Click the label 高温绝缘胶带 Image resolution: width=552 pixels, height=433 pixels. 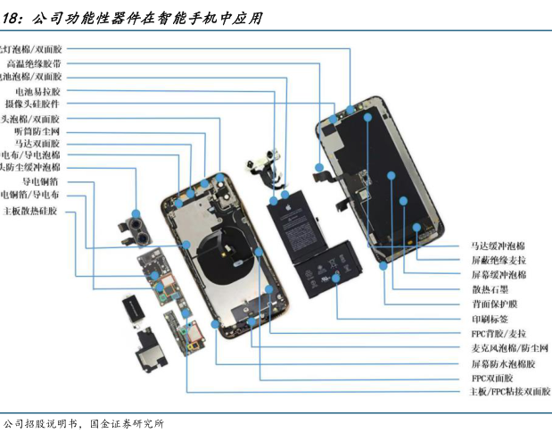(x=34, y=63)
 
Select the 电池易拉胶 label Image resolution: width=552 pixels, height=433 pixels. (x=37, y=91)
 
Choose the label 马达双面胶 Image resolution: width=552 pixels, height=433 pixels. (x=37, y=143)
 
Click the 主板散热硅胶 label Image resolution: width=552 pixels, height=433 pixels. (x=30, y=212)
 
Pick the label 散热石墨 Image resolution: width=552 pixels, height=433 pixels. (x=490, y=289)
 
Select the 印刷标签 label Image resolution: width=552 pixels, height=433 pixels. (x=490, y=319)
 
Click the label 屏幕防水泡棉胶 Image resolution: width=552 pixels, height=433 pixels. (x=503, y=364)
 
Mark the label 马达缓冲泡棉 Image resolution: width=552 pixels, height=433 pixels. (x=498, y=245)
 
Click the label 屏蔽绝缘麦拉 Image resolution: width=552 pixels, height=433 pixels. (x=498, y=260)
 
